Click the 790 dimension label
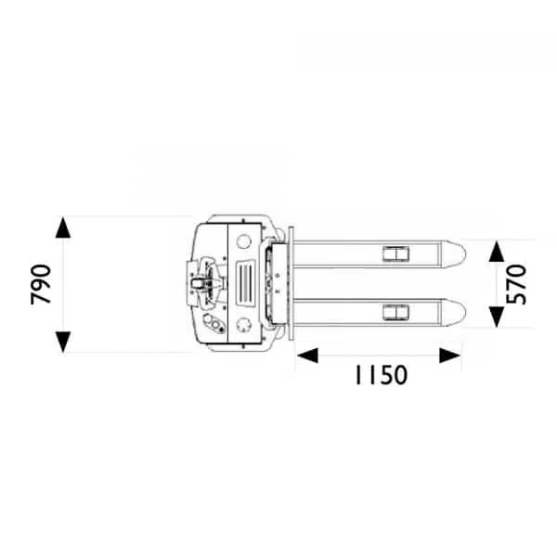click(x=41, y=285)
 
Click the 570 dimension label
click(x=515, y=284)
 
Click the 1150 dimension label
click(x=381, y=375)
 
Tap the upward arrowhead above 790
click(x=63, y=227)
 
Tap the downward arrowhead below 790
click(x=63, y=342)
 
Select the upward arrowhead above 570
click(x=497, y=252)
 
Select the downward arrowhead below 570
click(x=497, y=317)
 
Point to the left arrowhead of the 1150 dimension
click(x=307, y=356)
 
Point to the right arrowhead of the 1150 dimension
click(x=450, y=356)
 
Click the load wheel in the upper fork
click(x=395, y=253)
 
